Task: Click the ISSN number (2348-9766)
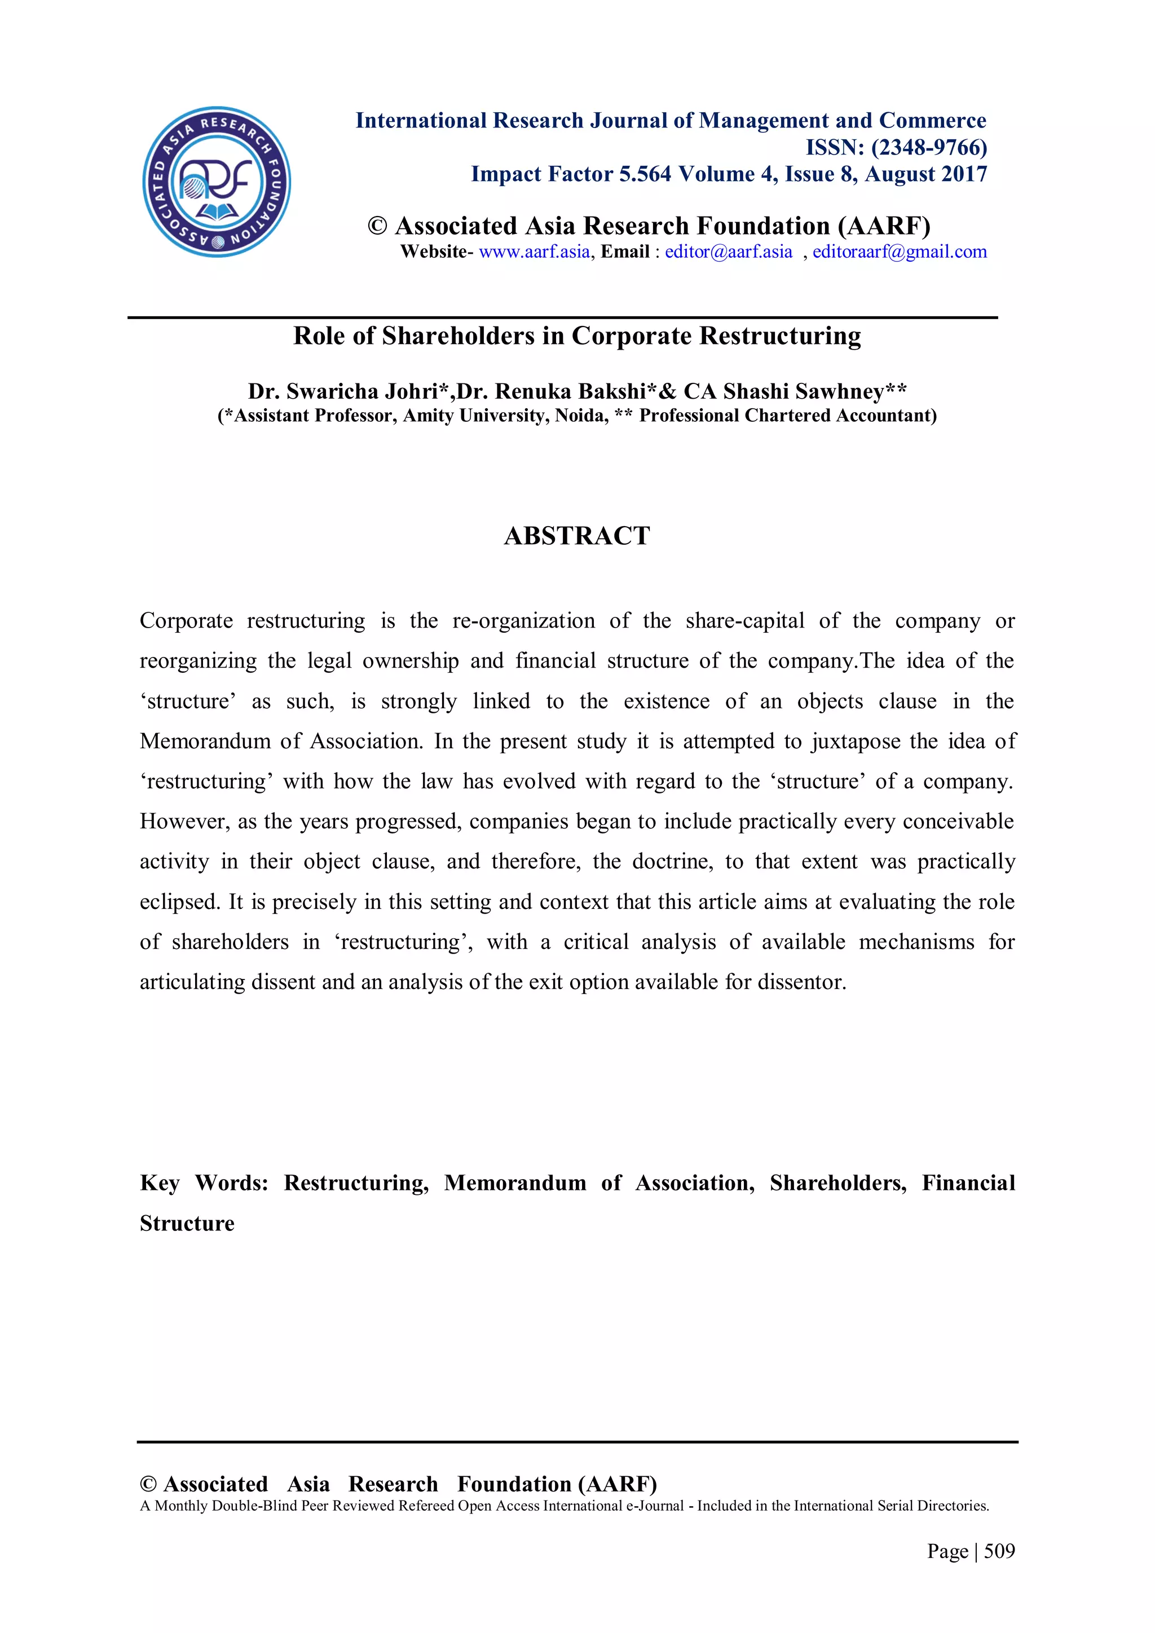point(929,147)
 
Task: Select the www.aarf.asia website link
point(534,252)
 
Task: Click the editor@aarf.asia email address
point(728,252)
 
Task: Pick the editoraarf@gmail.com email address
point(900,252)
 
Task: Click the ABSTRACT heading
point(577,536)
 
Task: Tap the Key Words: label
point(204,1183)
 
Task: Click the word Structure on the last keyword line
point(187,1223)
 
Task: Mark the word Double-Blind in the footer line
point(256,1506)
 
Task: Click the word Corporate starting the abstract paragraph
point(186,621)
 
